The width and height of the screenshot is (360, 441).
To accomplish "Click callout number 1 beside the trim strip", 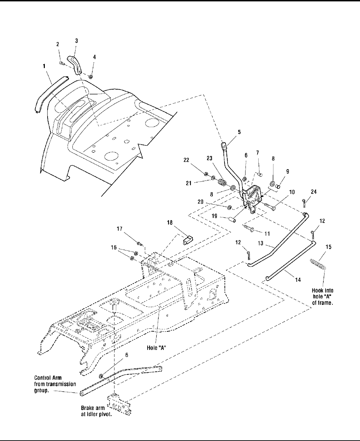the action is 44,66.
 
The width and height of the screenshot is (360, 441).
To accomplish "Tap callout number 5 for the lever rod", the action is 239,132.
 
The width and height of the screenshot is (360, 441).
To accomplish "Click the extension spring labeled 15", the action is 318,265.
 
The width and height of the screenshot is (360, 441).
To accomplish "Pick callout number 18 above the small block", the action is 170,223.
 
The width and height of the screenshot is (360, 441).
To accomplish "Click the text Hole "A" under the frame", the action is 157,348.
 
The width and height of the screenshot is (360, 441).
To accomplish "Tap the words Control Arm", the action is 48,378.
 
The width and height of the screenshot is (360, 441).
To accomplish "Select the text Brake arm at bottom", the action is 93,408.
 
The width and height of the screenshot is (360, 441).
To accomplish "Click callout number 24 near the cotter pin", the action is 314,192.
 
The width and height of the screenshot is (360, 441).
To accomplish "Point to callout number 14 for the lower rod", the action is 298,279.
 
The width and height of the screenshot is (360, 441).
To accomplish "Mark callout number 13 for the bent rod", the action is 261,243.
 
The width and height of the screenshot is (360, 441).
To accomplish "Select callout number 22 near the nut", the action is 186,160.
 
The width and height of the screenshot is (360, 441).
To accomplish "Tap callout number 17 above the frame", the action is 120,229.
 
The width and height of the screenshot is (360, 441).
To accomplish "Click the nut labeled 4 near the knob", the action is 91,77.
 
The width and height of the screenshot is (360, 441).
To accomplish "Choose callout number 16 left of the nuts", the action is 114,248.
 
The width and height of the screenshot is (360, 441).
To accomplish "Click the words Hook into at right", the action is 322,290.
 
